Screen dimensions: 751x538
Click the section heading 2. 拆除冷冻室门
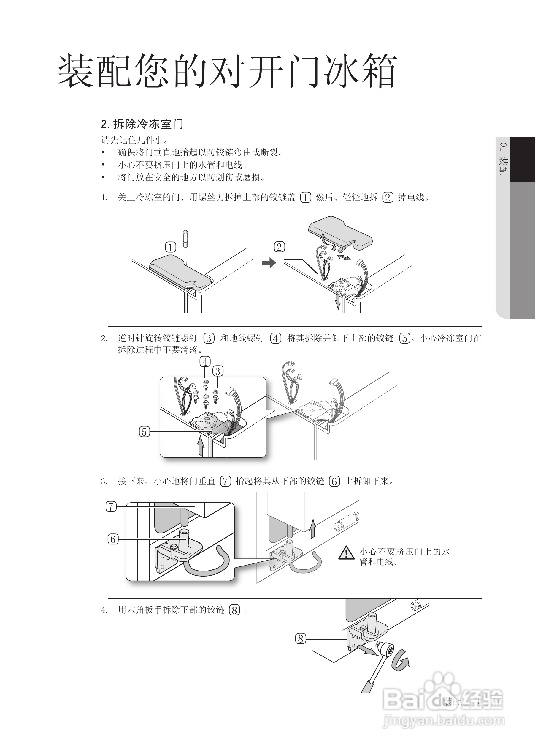(x=142, y=124)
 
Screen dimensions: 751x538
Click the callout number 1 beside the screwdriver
(x=171, y=247)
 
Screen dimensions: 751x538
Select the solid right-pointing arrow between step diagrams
(x=269, y=263)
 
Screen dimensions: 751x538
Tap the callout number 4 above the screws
(x=205, y=362)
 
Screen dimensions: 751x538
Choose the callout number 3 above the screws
(x=218, y=371)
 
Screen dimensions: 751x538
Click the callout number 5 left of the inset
(x=145, y=432)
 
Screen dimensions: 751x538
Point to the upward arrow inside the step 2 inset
(x=201, y=446)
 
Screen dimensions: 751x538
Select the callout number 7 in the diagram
(x=111, y=506)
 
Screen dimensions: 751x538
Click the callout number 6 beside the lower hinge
(x=113, y=539)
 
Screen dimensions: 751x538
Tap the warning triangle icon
(x=346, y=553)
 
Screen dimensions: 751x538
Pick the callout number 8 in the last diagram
(x=301, y=638)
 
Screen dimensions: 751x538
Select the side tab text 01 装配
(x=503, y=159)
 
